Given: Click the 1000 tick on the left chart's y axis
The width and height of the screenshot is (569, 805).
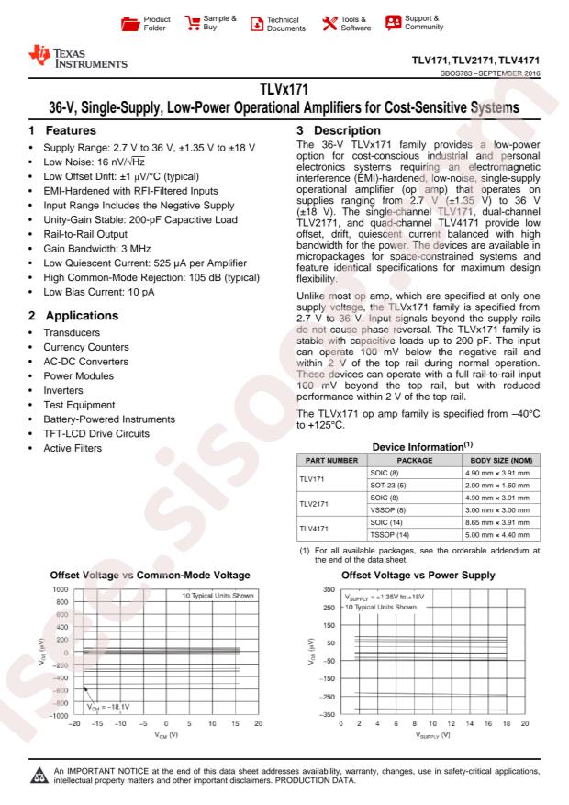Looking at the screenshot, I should [x=58, y=588].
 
